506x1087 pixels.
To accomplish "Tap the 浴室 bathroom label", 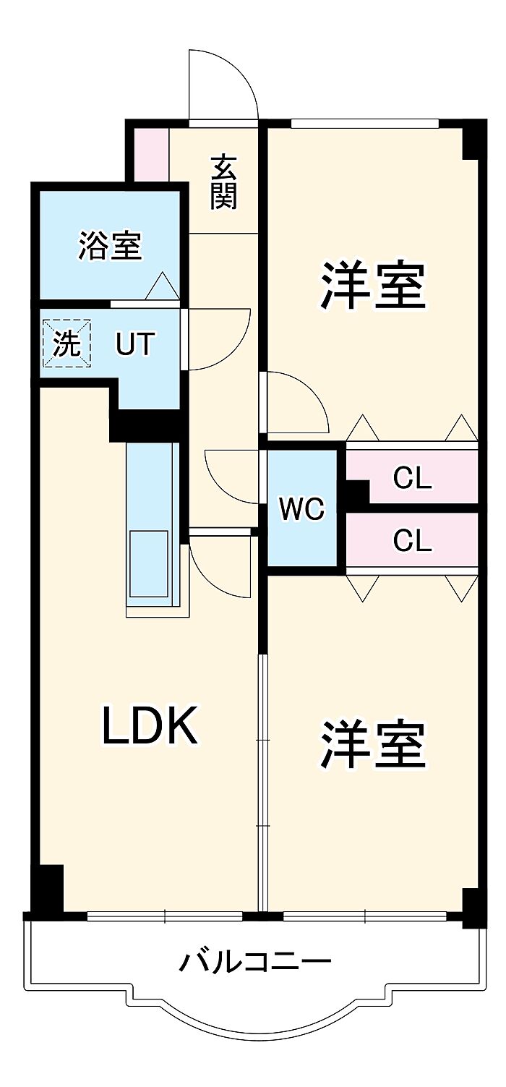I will pos(110,246).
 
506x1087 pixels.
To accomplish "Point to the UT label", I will pos(135,345).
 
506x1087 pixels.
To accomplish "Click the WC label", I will pos(302,509).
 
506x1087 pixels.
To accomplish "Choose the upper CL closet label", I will pos(412,478).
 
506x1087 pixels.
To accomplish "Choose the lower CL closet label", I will pos(412,540).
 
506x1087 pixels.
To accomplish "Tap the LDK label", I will pos(149,726).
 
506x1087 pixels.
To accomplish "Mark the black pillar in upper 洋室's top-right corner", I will pos(471,140).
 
